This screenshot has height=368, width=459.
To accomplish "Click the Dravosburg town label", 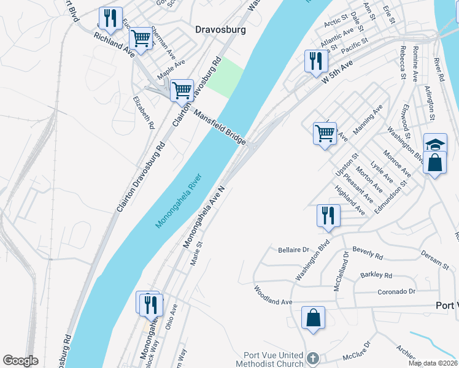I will coord(220,29).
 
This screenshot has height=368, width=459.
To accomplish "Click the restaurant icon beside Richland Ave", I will coord(110,18).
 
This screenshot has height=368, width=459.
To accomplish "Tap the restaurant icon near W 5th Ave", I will coord(317,61).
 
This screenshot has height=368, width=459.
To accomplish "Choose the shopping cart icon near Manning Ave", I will coord(325,132).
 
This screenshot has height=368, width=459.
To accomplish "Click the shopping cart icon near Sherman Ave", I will coord(141,39).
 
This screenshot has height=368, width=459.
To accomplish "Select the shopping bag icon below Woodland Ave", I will coord(313,318).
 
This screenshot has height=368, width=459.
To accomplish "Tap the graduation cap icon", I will coord(435,145).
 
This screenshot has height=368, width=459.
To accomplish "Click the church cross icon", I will coord(312,358).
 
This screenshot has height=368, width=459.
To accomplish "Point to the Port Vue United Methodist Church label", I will coord(274,359).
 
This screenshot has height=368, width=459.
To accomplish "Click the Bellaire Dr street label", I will coord(294,250).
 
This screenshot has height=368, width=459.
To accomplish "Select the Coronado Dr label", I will coord(396,291).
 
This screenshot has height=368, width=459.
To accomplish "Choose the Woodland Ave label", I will coord(273,302).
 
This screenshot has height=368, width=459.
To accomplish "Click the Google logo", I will coord(20,361).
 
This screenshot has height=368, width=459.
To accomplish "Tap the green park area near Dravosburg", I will coord(225,77).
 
